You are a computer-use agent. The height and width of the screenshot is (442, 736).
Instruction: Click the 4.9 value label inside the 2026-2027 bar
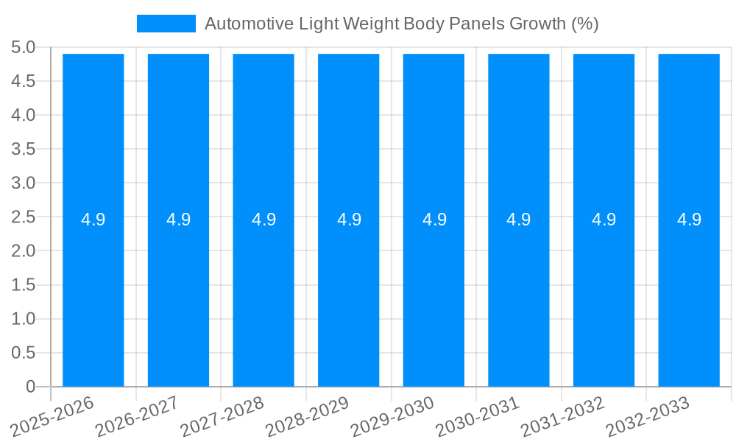tap(178, 220)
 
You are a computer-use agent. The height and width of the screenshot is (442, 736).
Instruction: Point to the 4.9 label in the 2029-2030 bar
tap(434, 220)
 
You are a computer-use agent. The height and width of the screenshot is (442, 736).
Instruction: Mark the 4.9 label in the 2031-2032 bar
tap(604, 220)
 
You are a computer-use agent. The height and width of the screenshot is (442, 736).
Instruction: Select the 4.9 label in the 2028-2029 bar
tap(349, 220)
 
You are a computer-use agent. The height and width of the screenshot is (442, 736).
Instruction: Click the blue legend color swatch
tap(166, 24)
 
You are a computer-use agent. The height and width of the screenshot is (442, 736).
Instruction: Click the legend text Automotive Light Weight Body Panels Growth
tap(401, 24)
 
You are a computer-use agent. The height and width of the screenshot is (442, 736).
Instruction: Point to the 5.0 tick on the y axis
tap(24, 48)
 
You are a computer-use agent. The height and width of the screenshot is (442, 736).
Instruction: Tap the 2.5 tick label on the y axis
tap(24, 217)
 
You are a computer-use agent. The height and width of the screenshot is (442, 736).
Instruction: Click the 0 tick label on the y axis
tap(30, 387)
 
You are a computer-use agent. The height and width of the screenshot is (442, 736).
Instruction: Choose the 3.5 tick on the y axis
tap(24, 150)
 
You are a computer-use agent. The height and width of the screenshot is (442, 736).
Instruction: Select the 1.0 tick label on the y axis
tap(24, 319)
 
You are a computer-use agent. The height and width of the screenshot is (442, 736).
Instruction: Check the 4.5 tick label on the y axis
tap(24, 82)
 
